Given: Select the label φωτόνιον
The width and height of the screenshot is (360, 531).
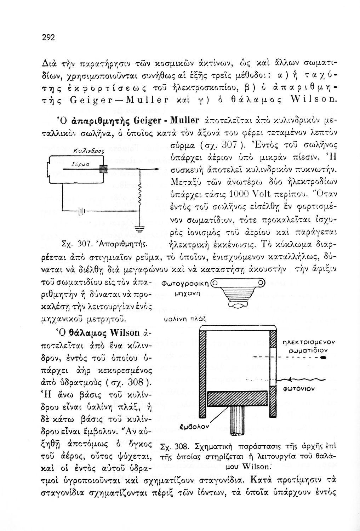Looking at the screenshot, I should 299,388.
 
